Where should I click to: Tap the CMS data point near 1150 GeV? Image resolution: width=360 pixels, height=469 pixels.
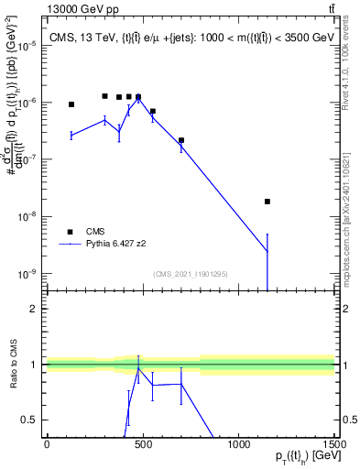(x=267, y=202)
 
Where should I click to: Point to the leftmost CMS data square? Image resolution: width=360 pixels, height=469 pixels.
(x=71, y=104)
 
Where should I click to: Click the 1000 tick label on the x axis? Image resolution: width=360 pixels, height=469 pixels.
(x=238, y=444)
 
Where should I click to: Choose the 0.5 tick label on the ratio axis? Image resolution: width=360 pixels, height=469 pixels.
(x=30, y=420)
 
